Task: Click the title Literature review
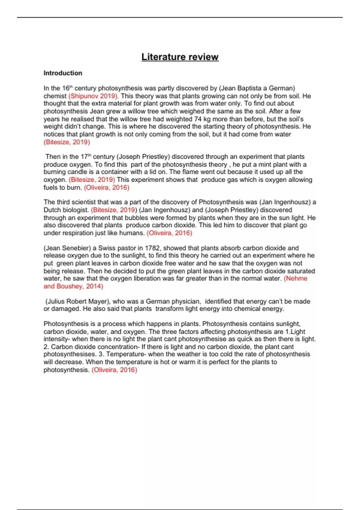pos(180,57)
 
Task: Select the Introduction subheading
pos(63,73)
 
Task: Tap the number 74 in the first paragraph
pos(198,119)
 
